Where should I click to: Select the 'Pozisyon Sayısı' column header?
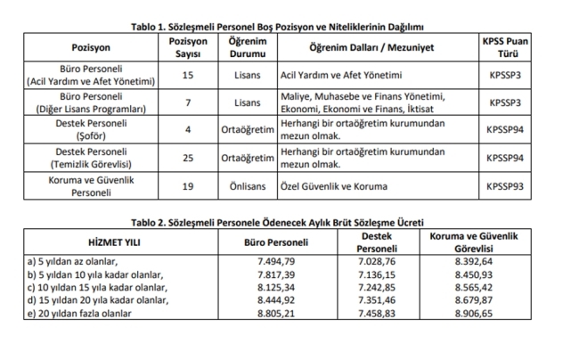(x=187, y=46)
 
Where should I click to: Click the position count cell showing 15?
(x=187, y=75)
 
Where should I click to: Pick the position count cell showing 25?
(x=187, y=158)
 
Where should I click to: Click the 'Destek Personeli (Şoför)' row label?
(x=92, y=130)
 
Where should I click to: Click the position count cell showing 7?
(x=187, y=102)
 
